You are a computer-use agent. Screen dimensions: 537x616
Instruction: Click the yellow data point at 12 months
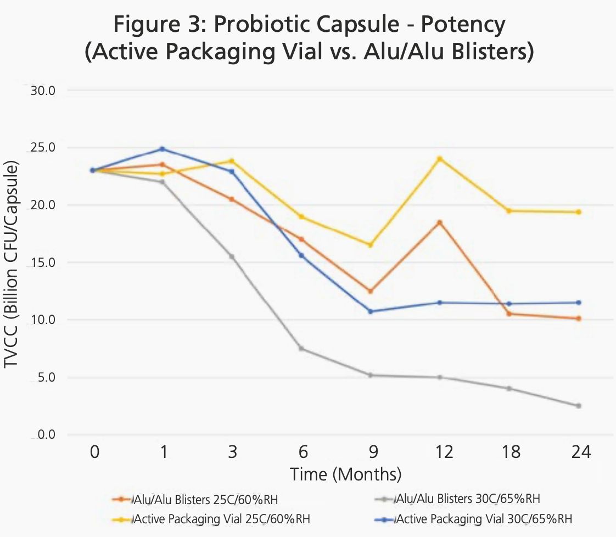[440, 159]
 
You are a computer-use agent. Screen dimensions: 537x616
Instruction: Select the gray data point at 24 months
[579, 406]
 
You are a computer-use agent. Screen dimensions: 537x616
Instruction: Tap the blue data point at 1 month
[162, 149]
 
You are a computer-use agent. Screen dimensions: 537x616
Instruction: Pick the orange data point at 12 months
[440, 222]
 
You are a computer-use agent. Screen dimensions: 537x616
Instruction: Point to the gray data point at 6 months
[301, 349]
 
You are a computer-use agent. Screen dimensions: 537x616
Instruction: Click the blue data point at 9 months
[371, 311]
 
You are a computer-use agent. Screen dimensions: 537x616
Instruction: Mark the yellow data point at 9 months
[371, 245]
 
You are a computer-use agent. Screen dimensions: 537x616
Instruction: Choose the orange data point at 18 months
[509, 314]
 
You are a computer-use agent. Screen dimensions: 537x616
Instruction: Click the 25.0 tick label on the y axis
[42, 148]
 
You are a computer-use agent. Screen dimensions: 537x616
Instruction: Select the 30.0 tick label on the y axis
[42, 90]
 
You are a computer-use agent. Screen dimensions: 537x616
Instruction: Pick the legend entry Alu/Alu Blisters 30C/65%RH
[458, 499]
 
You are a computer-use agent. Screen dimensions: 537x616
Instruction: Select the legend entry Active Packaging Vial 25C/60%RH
[217, 518]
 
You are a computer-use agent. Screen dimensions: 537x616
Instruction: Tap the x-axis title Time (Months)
[346, 473]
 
